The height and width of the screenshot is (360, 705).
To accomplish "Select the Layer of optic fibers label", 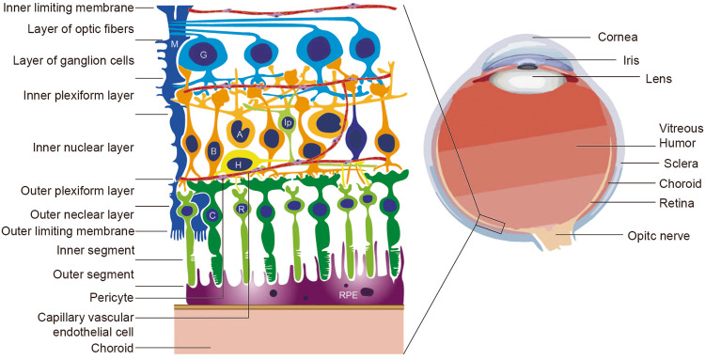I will (x=55, y=30).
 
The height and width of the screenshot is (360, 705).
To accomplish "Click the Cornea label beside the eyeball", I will (x=619, y=39).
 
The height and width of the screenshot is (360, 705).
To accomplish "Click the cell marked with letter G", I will (x=202, y=55).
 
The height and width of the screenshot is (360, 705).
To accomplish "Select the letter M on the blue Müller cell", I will (x=174, y=44).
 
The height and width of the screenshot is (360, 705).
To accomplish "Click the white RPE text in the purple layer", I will (x=350, y=294).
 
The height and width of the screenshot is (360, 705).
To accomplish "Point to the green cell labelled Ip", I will (x=289, y=122).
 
